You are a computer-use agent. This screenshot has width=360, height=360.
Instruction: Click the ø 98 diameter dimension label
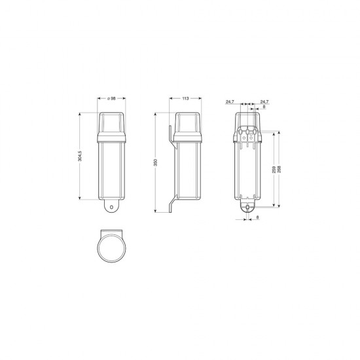(x=111, y=98)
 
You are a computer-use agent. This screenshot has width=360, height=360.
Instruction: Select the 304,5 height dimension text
(x=80, y=156)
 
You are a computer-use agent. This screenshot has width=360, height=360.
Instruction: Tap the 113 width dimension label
(x=185, y=98)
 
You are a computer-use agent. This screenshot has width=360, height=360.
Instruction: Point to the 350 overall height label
(x=155, y=162)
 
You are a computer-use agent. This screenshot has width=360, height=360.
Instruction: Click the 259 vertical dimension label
(x=274, y=170)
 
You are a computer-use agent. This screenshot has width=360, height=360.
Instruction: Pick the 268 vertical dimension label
(x=279, y=170)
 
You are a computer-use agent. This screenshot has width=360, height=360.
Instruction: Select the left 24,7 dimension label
(x=230, y=101)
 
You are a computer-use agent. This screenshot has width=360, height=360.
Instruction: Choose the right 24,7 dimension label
(x=264, y=101)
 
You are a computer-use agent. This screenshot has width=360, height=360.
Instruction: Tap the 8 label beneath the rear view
(x=257, y=217)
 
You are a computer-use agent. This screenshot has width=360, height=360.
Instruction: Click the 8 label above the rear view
(x=264, y=107)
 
